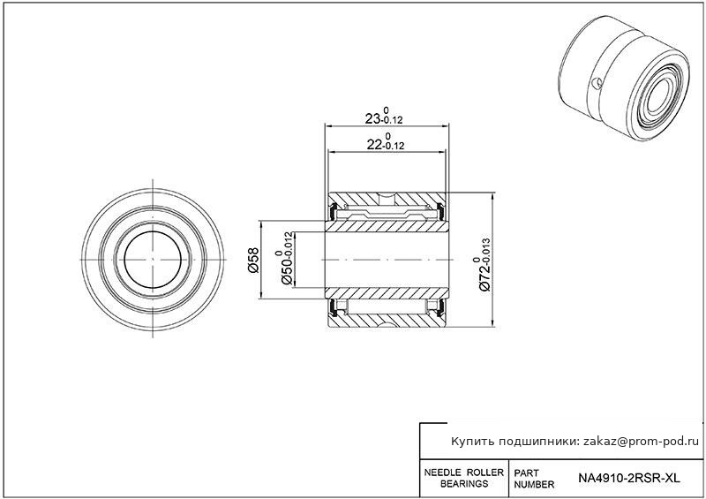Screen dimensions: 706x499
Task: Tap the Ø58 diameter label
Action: (x=253, y=260)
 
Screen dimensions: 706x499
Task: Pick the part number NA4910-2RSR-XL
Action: (x=629, y=478)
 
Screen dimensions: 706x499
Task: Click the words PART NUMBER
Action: (x=534, y=479)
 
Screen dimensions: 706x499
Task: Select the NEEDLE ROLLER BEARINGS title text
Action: (x=464, y=478)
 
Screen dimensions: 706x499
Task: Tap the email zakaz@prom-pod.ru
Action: (x=642, y=442)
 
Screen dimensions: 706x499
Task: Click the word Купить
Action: (x=472, y=442)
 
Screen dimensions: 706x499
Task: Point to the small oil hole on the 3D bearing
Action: (x=597, y=83)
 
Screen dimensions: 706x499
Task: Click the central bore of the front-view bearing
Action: (x=153, y=260)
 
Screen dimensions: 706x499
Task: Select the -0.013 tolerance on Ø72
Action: (x=487, y=249)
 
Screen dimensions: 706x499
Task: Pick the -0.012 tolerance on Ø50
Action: (x=289, y=244)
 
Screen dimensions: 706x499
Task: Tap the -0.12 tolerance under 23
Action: (x=392, y=120)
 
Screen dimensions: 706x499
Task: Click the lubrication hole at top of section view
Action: (x=387, y=198)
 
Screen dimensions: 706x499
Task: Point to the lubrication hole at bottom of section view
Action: (x=387, y=323)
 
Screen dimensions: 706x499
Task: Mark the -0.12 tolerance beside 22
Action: (x=394, y=146)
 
